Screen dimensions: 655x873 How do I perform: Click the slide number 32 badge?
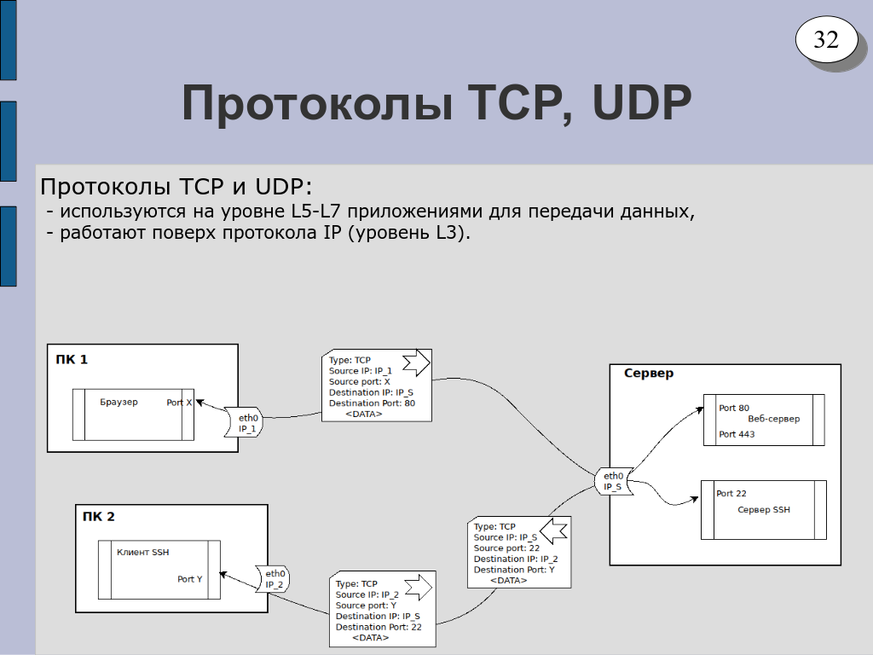826,39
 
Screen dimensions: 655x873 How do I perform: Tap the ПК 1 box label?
72,360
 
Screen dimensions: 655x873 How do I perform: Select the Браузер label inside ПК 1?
119,402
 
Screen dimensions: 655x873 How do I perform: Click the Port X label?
179,403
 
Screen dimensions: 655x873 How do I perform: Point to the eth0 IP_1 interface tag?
247,423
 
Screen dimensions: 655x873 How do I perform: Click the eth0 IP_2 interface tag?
274,579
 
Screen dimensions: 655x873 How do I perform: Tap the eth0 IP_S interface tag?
613,481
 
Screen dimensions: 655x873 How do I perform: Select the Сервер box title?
648,374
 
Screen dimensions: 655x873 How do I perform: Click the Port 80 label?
733,408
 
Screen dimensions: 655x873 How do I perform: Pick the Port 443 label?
736,434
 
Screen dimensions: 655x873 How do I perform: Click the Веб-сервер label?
773,420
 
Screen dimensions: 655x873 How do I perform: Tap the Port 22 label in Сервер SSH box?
731,494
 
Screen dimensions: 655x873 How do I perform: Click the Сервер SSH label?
763,510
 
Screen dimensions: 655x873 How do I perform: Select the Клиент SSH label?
142,552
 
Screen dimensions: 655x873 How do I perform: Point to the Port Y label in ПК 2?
189,579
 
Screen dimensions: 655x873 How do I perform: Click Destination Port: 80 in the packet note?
372,403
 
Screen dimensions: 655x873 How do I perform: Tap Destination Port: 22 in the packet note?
379,627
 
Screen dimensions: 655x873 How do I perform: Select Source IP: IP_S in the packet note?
506,537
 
